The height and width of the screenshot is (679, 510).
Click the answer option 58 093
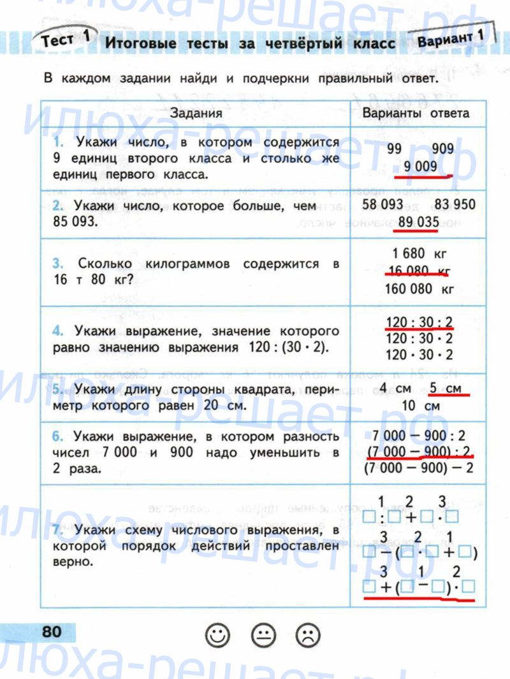point(382,205)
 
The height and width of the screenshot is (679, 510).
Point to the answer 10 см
point(419,405)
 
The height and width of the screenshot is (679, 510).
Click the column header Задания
point(196,113)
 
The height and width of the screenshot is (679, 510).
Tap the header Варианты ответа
point(416,113)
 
